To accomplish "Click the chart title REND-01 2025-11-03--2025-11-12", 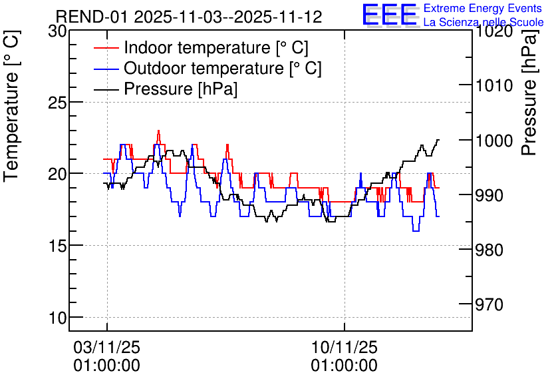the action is click(x=189, y=17).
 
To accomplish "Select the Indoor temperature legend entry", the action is click(x=201, y=47).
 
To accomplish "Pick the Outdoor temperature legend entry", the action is click(x=208, y=68).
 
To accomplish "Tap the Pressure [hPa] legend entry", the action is click(x=166, y=89).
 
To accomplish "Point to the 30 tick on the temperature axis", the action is click(x=57, y=31).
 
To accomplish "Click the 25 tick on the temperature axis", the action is click(x=57, y=103).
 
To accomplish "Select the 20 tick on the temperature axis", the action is click(x=57, y=174).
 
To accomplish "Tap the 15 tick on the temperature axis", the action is click(x=57, y=246).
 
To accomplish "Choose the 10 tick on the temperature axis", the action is click(x=57, y=318).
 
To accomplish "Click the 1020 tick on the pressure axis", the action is click(x=494, y=31).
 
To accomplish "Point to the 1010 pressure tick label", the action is click(x=494, y=85).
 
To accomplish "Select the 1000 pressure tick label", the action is click(x=494, y=141).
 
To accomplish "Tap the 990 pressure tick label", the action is click(x=489, y=195).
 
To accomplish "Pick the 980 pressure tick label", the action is click(x=489, y=250).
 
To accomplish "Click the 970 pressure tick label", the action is click(x=489, y=304).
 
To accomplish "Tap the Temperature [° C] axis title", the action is click(x=11, y=107).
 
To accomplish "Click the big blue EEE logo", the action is click(x=389, y=15).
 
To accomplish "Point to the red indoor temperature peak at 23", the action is click(x=158, y=131).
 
